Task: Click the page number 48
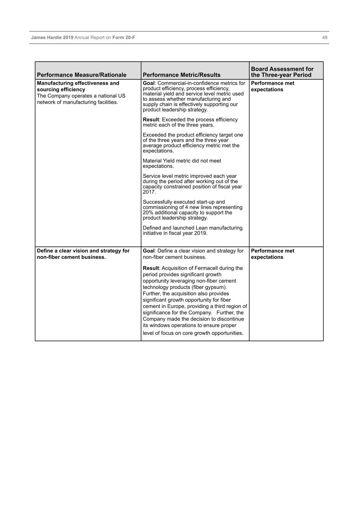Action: coord(325,38)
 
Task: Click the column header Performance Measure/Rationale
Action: coord(82,75)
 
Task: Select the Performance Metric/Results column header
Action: coord(181,75)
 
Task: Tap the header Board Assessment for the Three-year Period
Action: coord(282,72)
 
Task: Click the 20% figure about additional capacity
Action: coord(148,213)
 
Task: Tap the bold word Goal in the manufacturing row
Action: coord(148,83)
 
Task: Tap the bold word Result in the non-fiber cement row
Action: coord(151,268)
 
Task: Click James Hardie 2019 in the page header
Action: coord(52,38)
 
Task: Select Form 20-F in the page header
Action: coord(123,38)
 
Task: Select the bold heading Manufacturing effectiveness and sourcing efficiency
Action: coord(78,86)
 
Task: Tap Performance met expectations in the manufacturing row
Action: coord(272,86)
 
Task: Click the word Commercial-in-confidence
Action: coord(182,83)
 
